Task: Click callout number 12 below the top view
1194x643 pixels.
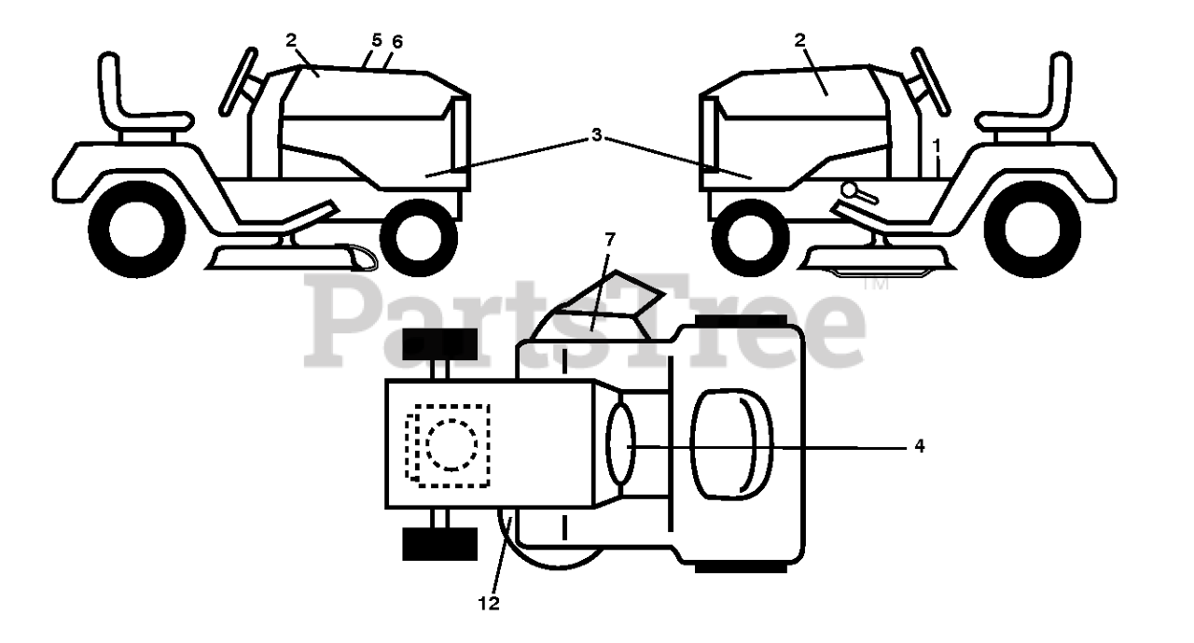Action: click(489, 604)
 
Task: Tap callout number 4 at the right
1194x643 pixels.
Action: click(919, 446)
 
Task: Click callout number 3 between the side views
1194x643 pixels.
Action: click(596, 136)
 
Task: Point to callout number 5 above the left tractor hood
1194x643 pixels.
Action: click(377, 41)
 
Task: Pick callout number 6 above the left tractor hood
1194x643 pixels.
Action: click(399, 43)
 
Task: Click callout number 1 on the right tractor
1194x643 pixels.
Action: click(937, 146)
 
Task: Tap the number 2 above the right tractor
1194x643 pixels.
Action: click(800, 40)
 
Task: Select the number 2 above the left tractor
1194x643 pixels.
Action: click(291, 40)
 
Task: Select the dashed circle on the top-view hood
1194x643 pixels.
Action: click(452, 444)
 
